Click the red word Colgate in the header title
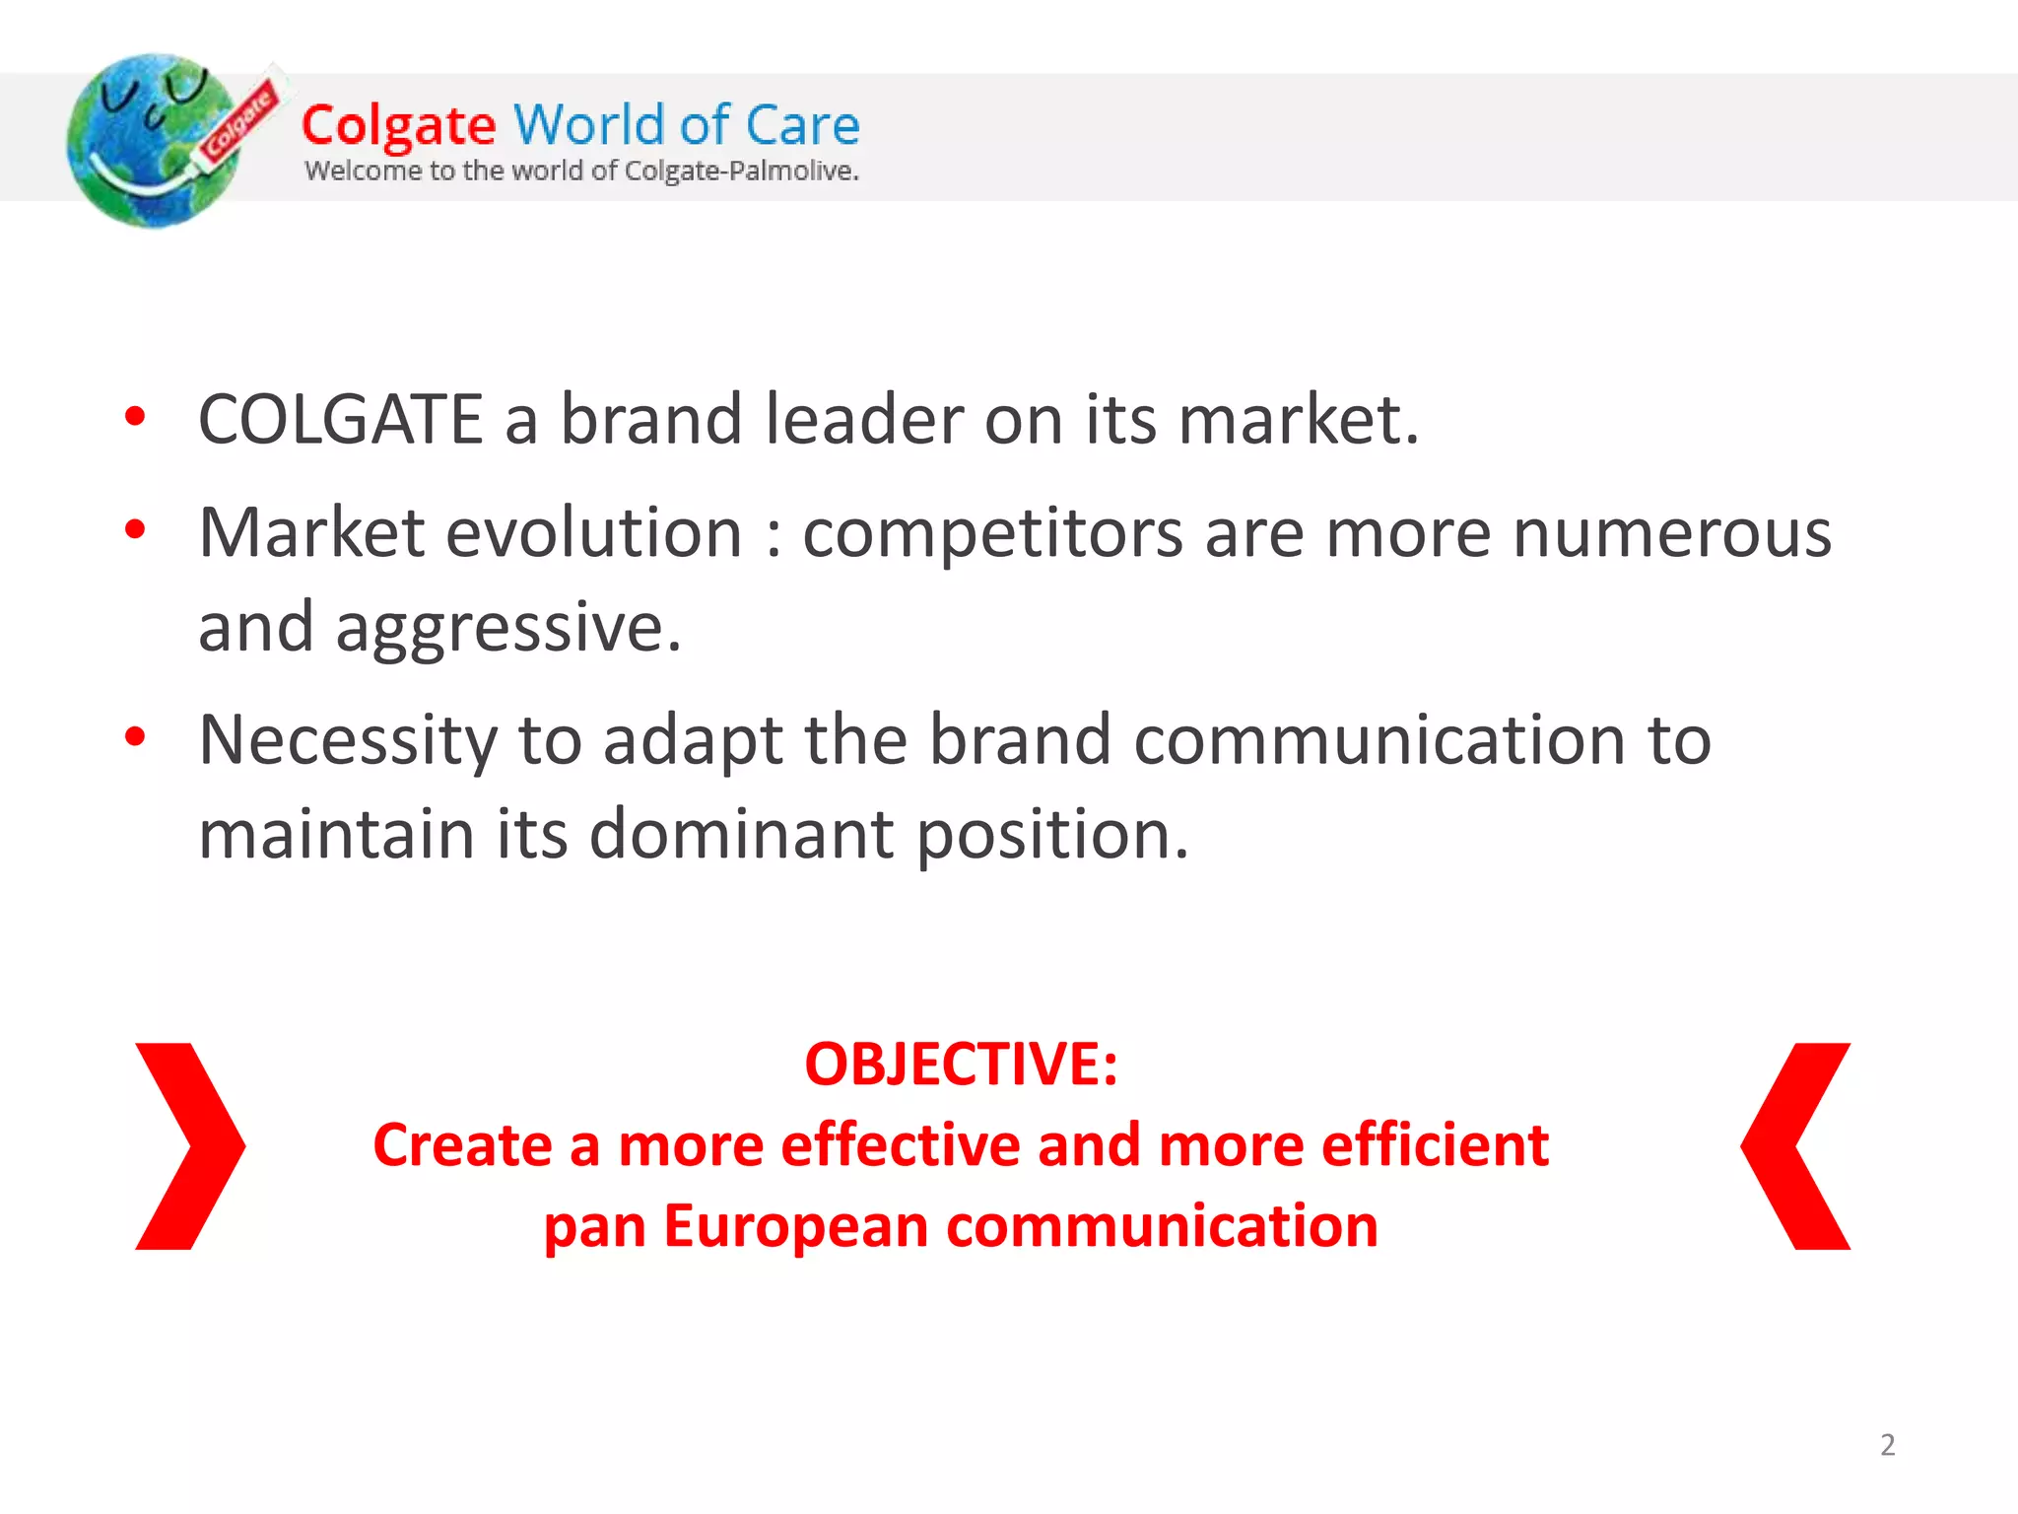point(398,126)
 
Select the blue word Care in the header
point(802,125)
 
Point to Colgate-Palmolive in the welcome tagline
point(741,171)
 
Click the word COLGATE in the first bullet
point(340,420)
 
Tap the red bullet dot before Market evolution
point(136,530)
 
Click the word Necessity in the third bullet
point(348,740)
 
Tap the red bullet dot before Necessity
point(136,736)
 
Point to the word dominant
point(742,834)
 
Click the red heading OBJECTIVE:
point(961,1065)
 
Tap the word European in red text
point(795,1228)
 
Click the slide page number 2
point(1887,1445)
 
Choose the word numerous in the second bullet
point(1671,533)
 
